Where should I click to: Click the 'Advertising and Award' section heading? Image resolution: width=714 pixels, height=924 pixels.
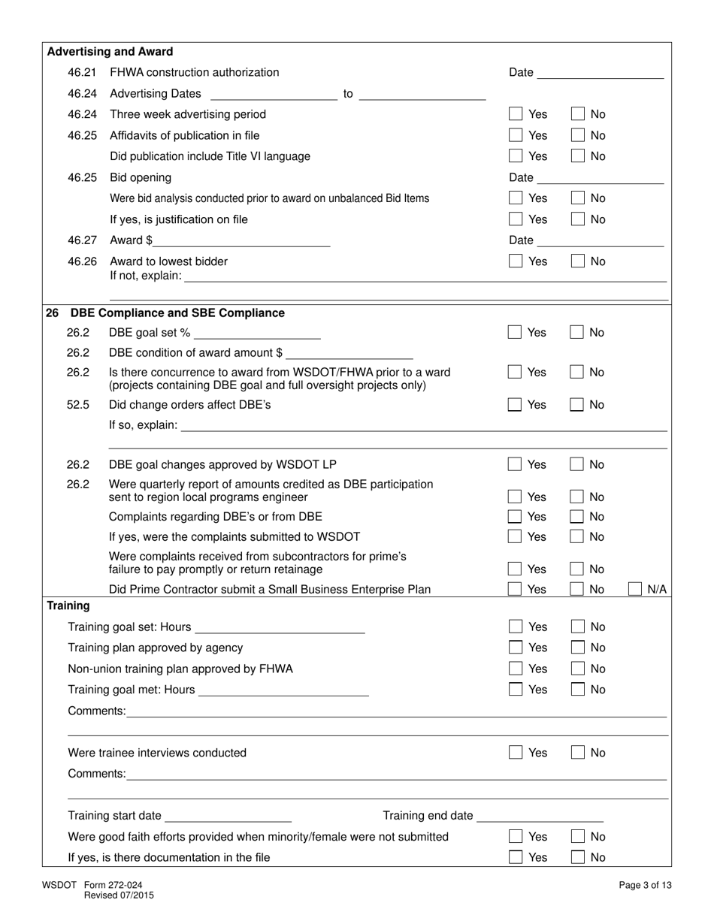coord(110,52)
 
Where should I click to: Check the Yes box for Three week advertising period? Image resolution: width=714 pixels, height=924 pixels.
coord(516,114)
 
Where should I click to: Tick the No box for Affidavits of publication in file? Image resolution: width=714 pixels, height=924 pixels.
coord(577,135)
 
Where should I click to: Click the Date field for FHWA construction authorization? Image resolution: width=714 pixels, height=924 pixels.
coord(601,72)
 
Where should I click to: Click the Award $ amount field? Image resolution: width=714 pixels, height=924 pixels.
coord(241,240)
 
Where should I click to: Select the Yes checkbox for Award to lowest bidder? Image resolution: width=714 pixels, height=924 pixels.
coord(516,261)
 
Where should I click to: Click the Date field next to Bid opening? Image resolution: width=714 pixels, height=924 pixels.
coord(601,177)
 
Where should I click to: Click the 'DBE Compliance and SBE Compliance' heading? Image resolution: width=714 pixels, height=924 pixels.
coord(177,313)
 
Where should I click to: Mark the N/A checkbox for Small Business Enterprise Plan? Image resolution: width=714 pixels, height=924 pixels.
coord(635,589)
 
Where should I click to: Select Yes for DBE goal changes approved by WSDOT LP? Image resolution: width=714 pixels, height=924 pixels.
coord(515,464)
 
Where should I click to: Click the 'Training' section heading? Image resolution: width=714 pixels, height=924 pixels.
coord(68,605)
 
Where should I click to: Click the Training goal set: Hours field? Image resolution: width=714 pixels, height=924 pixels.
coord(279,627)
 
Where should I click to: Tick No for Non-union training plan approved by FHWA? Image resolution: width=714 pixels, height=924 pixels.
coord(577,669)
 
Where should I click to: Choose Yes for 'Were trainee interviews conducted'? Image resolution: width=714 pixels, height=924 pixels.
coord(516,753)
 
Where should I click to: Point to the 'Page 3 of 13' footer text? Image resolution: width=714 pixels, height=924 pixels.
coord(645,886)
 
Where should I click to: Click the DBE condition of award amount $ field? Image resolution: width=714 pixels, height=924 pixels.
coord(349,353)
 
